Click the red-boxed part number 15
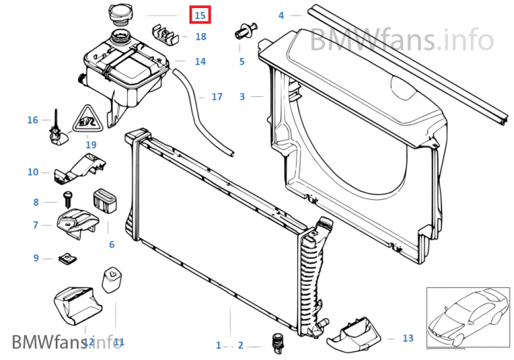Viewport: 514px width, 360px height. click(x=200, y=15)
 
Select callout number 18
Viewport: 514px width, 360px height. click(x=200, y=37)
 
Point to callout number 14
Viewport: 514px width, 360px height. click(x=200, y=62)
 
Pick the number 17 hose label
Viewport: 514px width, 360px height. click(x=217, y=96)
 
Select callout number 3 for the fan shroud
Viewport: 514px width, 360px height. click(x=242, y=96)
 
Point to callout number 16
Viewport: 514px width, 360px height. click(x=32, y=120)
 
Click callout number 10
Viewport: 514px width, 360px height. click(x=33, y=172)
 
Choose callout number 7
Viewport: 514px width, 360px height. click(x=35, y=225)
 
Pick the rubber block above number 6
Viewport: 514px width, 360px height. click(x=104, y=201)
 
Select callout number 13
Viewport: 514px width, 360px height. click(x=408, y=338)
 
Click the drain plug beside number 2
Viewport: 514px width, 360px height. click(x=278, y=342)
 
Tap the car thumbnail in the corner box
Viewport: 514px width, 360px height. click(x=467, y=318)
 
